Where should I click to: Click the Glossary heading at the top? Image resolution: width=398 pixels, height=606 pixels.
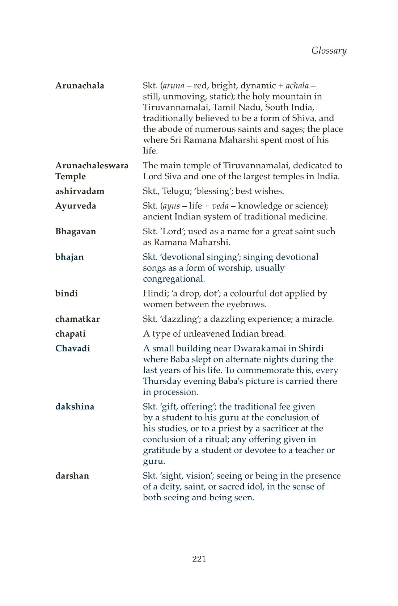[329, 51]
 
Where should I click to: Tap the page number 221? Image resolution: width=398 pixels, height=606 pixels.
[199, 559]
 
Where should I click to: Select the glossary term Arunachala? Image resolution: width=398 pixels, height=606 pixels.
[80, 86]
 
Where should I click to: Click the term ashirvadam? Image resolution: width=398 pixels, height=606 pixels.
[80, 191]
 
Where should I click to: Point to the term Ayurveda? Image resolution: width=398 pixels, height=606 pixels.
[76, 206]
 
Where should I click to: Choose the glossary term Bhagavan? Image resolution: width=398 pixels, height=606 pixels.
[76, 232]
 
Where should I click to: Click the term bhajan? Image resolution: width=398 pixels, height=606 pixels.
[69, 257]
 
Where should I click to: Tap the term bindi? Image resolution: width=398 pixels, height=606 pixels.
[67, 294]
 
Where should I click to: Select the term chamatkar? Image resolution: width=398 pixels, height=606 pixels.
[77, 319]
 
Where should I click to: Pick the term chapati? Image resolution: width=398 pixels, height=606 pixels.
[71, 334]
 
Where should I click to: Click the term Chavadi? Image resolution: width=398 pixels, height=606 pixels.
[73, 349]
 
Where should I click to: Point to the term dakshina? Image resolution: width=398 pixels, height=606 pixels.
[75, 407]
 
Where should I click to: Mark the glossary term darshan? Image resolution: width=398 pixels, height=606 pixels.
[72, 476]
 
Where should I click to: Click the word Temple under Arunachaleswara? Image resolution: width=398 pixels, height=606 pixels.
[71, 177]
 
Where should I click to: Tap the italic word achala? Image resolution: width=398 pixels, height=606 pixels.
[297, 86]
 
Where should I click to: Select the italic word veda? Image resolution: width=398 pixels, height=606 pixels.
[220, 206]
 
